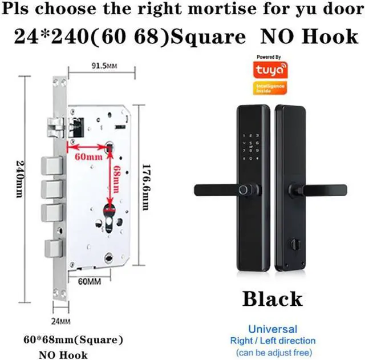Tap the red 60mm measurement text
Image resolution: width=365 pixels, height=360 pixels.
[x=88, y=156]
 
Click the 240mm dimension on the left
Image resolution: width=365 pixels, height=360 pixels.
[x=21, y=189]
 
